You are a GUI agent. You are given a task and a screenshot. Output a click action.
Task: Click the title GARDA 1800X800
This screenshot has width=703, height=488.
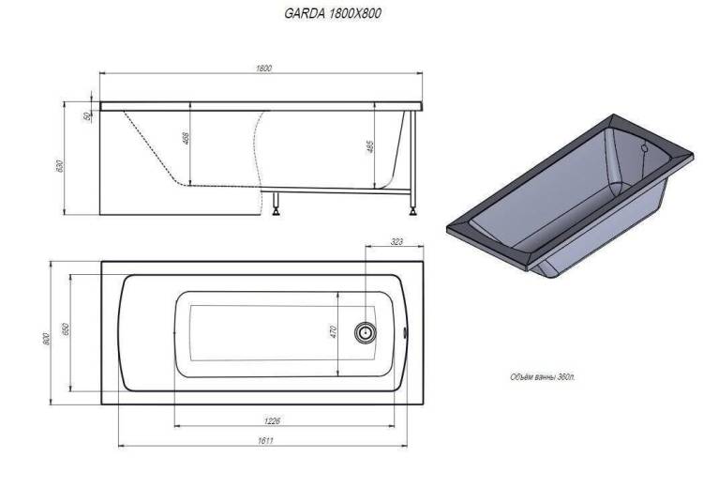(x=333, y=13)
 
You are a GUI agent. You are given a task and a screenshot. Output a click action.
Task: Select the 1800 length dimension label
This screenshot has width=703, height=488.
(x=264, y=69)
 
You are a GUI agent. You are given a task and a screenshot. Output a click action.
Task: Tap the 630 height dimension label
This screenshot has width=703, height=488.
(x=61, y=166)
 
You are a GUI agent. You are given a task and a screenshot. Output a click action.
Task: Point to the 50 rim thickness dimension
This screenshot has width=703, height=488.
(x=86, y=115)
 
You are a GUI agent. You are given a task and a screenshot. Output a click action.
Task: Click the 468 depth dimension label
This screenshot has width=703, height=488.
(x=187, y=137)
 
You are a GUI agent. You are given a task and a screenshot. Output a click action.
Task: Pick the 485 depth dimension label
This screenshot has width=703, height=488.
(x=370, y=146)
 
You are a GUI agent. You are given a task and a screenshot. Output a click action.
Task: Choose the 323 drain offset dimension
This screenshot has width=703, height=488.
(x=396, y=242)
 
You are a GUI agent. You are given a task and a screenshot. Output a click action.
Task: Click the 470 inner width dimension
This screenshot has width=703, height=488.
(x=333, y=332)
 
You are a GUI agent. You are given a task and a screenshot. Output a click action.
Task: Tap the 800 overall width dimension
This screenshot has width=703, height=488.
(x=46, y=338)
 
